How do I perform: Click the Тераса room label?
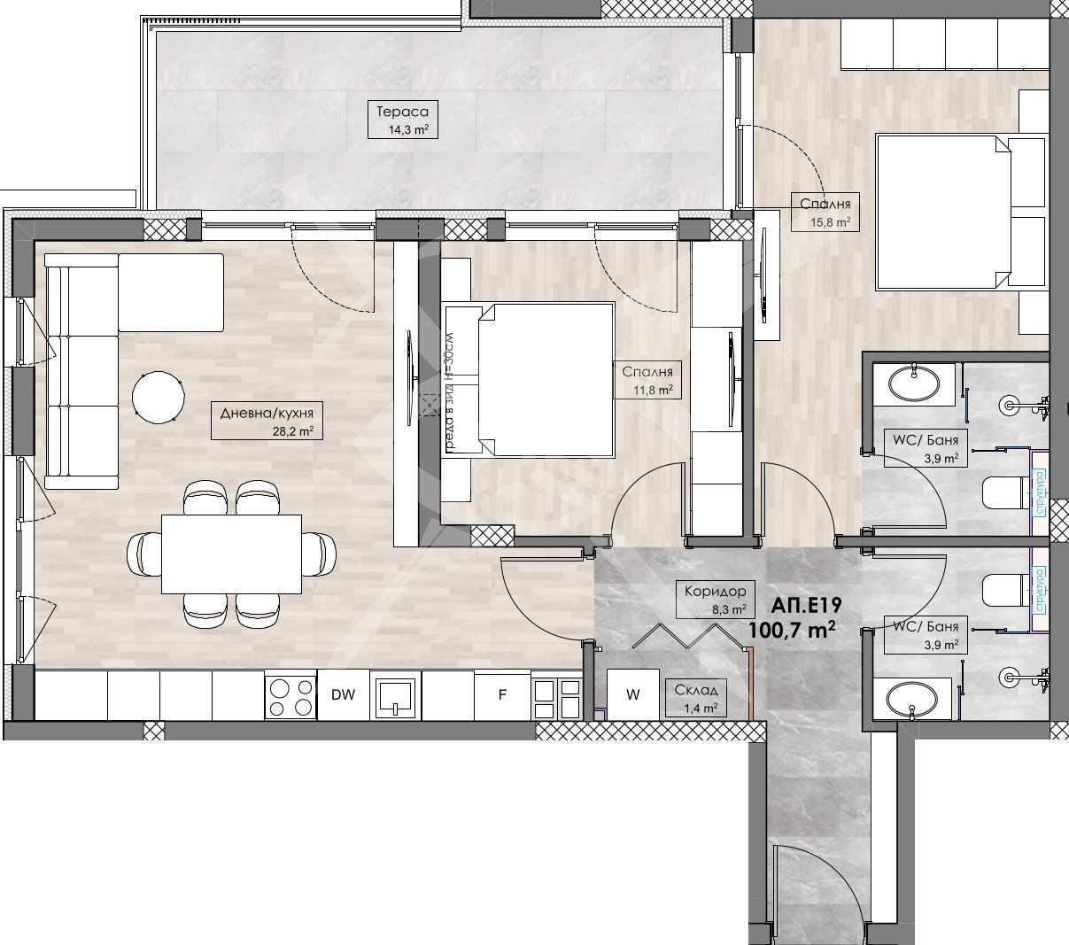pos(402,112)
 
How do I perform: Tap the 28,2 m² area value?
pos(293,431)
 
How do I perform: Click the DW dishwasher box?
pos(343,695)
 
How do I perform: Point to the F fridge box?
pos(502,695)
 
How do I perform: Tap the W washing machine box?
pos(632,695)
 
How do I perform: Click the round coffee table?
pos(158,396)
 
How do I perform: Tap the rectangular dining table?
pos(231,554)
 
